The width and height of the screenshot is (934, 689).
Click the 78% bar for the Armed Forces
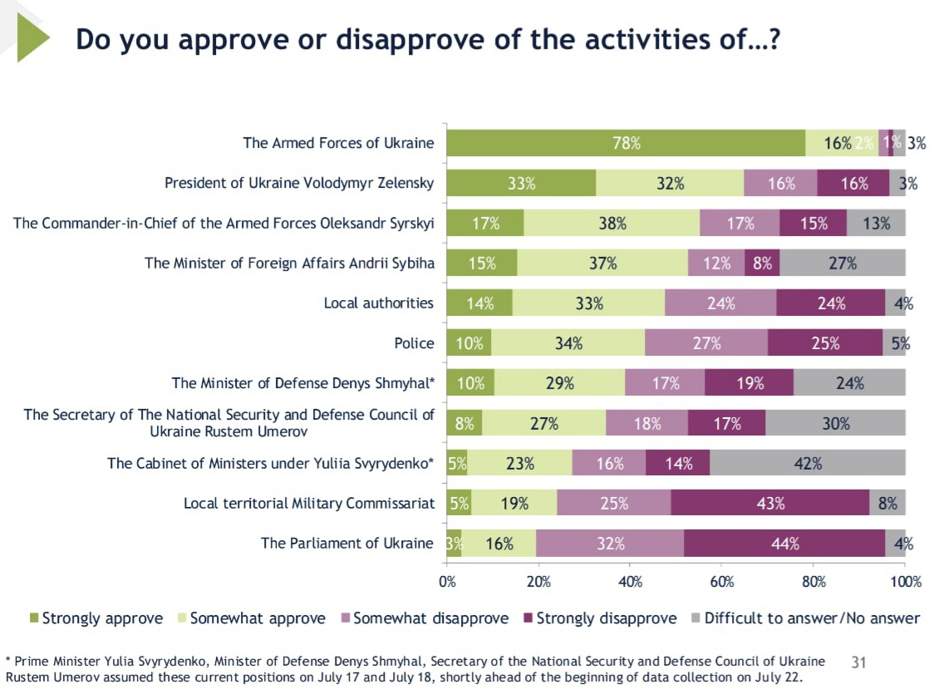click(x=626, y=143)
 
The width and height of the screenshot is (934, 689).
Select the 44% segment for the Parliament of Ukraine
click(x=784, y=544)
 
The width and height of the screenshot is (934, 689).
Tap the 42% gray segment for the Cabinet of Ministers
click(x=807, y=464)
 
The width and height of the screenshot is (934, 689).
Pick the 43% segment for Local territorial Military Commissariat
click(x=769, y=504)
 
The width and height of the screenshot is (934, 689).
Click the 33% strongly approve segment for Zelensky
click(x=521, y=184)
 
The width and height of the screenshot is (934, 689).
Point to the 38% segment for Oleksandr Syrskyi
click(x=612, y=223)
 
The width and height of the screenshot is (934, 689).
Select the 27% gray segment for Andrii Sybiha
click(x=842, y=263)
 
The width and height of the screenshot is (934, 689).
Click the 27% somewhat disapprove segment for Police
click(x=705, y=343)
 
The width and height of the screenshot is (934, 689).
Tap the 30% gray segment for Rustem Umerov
click(x=835, y=423)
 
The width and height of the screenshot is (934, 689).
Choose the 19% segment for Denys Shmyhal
click(x=749, y=383)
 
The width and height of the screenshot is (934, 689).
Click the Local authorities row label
click(x=378, y=303)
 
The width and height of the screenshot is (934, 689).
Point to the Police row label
click(x=414, y=343)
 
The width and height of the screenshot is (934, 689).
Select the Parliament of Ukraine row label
click(x=347, y=544)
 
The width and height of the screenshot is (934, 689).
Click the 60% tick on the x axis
click(x=721, y=582)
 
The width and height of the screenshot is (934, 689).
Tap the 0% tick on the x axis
click(x=447, y=582)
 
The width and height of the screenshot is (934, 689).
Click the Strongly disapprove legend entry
click(x=598, y=618)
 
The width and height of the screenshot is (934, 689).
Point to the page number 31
click(x=859, y=662)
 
